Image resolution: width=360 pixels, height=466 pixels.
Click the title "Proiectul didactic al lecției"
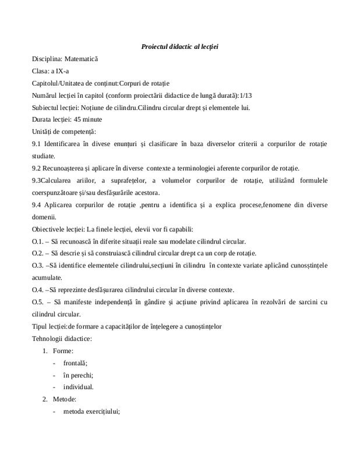(x=179, y=46)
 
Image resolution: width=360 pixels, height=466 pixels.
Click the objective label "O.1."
(x=38, y=241)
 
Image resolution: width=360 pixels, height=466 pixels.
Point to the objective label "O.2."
(x=38, y=253)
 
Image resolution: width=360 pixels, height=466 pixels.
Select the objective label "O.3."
(x=38, y=266)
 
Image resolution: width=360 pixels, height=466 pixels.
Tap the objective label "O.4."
(x=38, y=290)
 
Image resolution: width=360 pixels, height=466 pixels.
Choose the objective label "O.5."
(x=38, y=302)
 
